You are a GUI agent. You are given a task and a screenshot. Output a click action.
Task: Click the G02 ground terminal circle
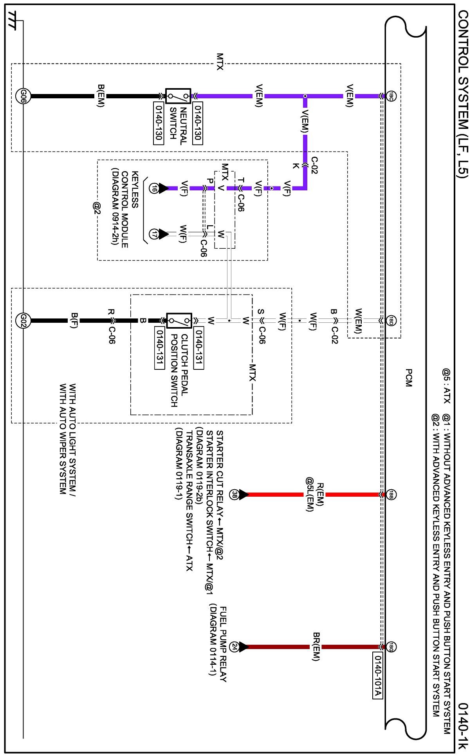click(x=23, y=320)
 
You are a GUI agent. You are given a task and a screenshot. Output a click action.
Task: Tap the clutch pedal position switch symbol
click(x=179, y=320)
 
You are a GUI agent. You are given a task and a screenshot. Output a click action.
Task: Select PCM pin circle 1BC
click(x=391, y=96)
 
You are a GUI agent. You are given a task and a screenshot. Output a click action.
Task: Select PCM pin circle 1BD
click(x=391, y=321)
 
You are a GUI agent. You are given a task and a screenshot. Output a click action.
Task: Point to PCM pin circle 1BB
click(x=391, y=494)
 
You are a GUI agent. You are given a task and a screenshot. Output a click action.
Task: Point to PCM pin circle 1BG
click(x=391, y=647)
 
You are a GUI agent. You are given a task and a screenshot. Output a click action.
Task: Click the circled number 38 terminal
click(x=234, y=494)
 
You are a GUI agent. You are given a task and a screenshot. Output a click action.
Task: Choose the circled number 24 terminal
click(x=234, y=647)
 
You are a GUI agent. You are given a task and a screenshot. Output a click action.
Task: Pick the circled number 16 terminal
click(x=154, y=188)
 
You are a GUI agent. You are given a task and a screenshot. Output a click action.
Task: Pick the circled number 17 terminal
click(x=154, y=234)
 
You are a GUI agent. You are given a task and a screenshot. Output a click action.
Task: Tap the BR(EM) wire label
click(x=316, y=647)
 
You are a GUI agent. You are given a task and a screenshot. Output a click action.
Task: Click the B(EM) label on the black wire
click(x=101, y=96)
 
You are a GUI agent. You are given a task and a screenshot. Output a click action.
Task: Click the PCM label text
click(x=408, y=378)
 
